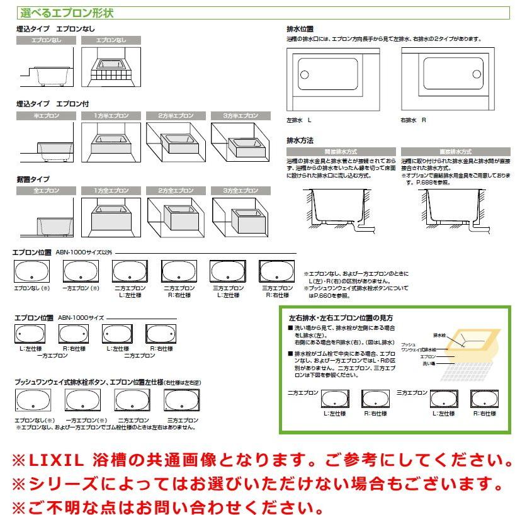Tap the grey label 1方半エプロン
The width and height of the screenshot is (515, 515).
click(111, 116)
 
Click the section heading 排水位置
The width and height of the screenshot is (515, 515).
click(300, 29)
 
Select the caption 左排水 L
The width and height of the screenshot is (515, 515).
click(299, 120)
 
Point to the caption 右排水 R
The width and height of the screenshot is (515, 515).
click(414, 120)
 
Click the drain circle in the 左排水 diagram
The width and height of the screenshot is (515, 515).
click(305, 75)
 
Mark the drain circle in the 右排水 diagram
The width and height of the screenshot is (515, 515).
click(489, 75)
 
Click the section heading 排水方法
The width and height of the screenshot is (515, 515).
click(300, 140)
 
